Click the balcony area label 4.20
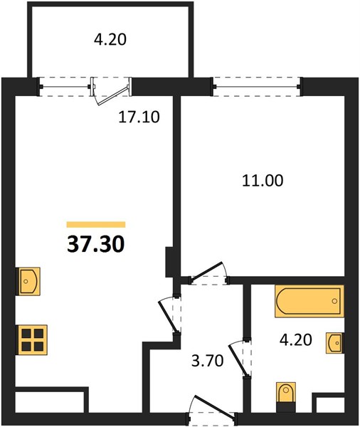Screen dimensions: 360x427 point(110,39)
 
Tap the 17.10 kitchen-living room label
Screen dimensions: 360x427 point(139,117)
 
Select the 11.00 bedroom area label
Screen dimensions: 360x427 point(263,181)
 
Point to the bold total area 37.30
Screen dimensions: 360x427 point(96,244)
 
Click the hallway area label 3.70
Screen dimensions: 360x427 point(208,361)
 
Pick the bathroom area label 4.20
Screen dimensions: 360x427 point(296,340)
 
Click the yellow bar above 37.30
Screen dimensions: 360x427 point(96,224)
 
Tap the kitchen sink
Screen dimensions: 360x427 point(29,281)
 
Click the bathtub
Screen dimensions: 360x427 point(309,301)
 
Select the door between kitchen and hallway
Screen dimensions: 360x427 point(169,316)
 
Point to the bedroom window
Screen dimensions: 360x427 point(257,87)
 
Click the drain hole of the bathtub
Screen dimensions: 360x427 point(334,301)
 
